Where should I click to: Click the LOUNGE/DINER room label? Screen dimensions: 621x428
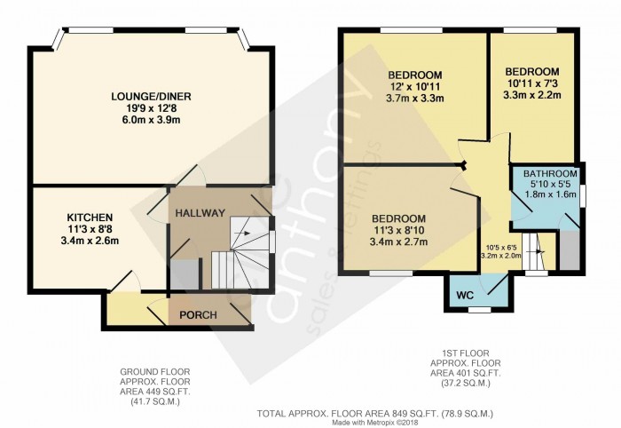coord(151,96)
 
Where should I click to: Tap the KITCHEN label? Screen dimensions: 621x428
coord(90,218)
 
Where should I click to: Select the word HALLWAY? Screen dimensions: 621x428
coord(200,213)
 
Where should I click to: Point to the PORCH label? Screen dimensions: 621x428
coord(198,315)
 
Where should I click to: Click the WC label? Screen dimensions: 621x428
coord(465,295)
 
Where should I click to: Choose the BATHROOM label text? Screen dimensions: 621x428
coord(550,173)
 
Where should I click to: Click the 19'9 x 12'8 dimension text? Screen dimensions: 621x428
coord(152,107)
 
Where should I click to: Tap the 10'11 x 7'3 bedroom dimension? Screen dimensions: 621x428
coord(532,83)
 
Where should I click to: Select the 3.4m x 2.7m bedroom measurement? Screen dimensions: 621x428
coord(399,242)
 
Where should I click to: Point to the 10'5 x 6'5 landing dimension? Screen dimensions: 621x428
coord(501,248)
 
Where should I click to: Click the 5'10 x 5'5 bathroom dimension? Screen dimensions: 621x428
coord(550,184)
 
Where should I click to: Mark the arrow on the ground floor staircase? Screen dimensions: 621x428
coord(242,233)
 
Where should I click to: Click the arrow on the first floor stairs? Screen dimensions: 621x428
coord(538,251)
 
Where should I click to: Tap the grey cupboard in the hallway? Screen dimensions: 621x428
coord(185,274)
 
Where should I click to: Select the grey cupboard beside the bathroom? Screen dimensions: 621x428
coord(570,250)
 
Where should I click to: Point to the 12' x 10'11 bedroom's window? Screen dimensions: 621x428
coord(411,30)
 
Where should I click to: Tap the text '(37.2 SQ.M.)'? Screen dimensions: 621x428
coord(466,384)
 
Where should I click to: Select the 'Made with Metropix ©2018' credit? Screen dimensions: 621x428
coord(375,423)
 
